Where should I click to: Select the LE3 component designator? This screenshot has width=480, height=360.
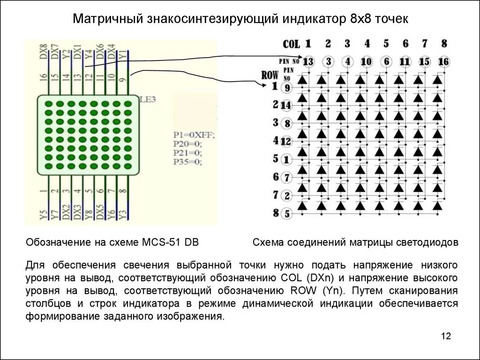tap(148, 99)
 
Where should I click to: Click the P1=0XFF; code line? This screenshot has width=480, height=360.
tap(194, 135)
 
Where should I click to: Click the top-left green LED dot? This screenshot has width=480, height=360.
tap(48, 104)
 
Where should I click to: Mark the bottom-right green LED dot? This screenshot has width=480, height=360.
tap(126, 166)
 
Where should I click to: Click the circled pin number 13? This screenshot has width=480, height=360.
tap(308, 62)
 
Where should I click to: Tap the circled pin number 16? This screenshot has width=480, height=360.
tap(443, 62)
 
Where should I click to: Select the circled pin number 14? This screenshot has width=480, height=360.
tap(286, 105)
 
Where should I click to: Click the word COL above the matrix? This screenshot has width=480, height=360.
tap(291, 45)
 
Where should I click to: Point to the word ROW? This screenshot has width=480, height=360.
tap(270, 75)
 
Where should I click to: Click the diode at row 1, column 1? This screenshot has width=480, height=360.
tap(302, 80)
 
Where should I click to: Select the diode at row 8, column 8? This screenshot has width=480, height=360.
tap(437, 205)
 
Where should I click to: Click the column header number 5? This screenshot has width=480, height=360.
tap(386, 44)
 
